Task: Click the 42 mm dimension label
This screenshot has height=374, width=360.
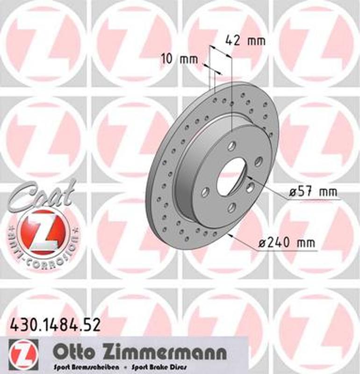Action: tap(245, 40)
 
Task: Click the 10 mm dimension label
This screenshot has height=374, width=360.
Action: tap(179, 59)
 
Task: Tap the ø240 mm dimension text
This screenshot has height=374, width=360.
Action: tap(287, 243)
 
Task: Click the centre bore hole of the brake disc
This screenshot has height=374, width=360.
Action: tap(231, 177)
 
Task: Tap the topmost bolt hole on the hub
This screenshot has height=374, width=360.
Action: tap(231, 145)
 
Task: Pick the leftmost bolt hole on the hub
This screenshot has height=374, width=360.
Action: tap(205, 192)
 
